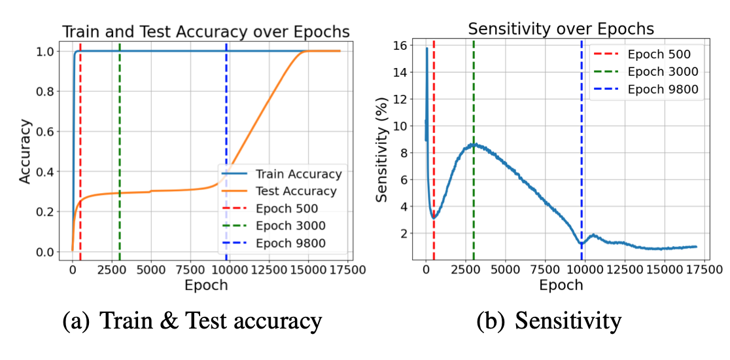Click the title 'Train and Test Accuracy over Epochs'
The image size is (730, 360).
[205, 31]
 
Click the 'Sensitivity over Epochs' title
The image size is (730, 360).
[561, 29]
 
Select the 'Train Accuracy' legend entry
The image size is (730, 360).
[298, 174]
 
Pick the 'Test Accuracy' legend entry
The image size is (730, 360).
[296, 191]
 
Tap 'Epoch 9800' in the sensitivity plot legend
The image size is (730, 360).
[663, 90]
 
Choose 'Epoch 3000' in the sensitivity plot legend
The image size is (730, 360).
[663, 71]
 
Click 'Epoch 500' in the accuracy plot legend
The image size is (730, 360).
[287, 209]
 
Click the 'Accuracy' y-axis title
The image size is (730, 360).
[25, 151]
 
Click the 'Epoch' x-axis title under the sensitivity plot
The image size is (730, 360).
[561, 285]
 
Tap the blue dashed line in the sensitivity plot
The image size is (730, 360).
[582, 164]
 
